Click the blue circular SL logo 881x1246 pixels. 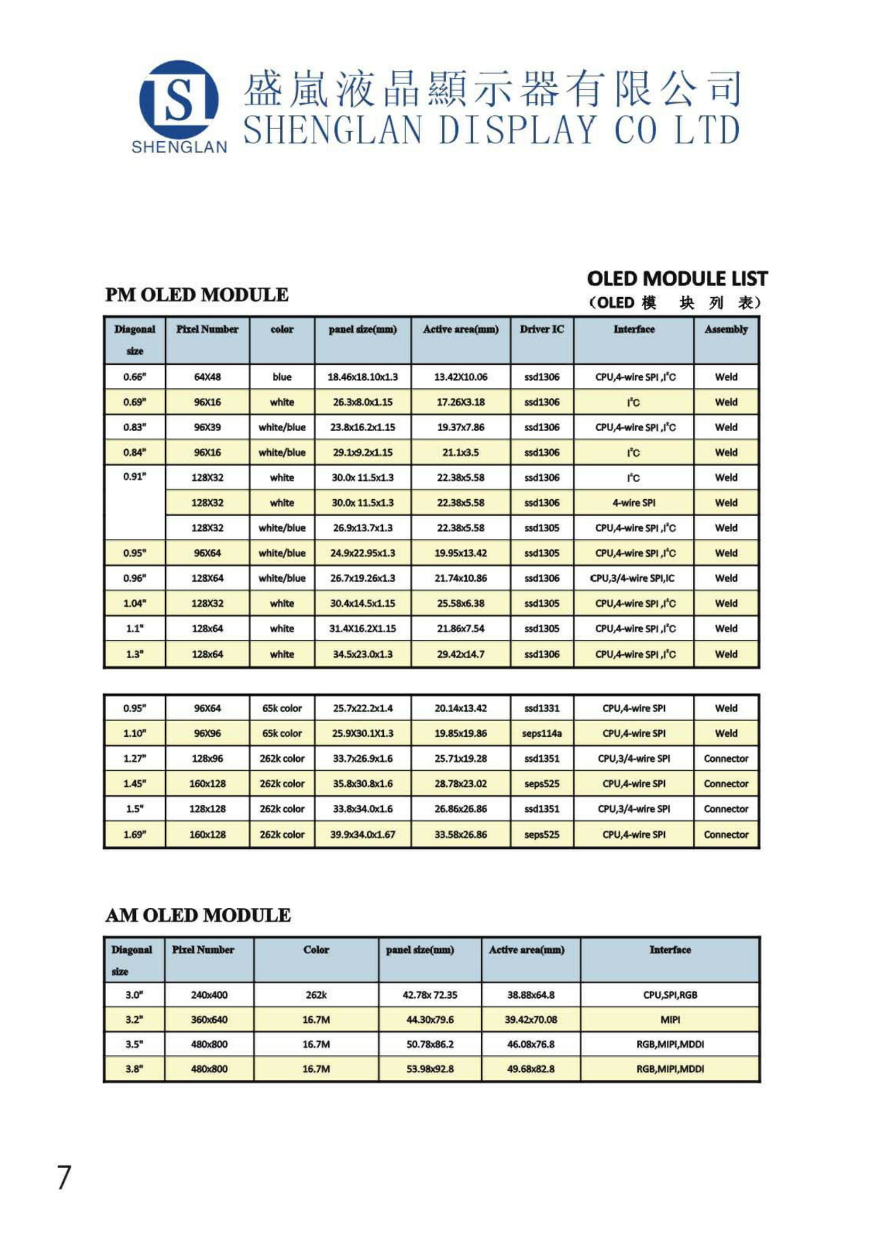coord(179,100)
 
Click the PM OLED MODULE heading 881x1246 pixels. coord(197,295)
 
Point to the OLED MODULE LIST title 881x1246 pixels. coord(677,279)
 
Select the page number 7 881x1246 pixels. coord(64,1177)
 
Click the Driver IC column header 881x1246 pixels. coord(541,329)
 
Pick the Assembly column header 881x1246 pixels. coord(726,329)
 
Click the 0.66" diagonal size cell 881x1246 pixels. coord(135,377)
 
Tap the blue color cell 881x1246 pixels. coord(282,377)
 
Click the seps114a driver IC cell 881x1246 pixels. coord(541,733)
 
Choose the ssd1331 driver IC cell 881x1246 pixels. coord(541,708)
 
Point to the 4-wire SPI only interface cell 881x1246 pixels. coord(634,502)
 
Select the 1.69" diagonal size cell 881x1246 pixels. coord(135,834)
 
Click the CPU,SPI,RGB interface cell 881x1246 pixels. coord(670,995)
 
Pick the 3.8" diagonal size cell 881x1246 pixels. coord(134,1069)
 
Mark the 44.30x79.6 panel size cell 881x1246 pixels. coord(430,1019)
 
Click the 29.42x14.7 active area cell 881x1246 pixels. coord(460,654)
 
